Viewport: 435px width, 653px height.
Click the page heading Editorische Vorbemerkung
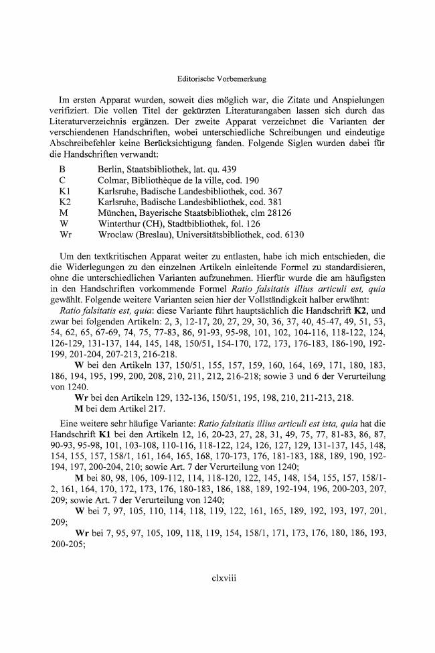217,78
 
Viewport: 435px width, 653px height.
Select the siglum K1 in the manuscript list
65,191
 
